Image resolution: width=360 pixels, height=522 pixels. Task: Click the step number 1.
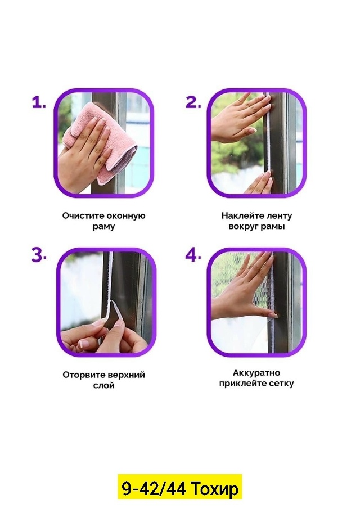[38, 102]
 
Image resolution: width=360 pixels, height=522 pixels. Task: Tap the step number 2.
[193, 102]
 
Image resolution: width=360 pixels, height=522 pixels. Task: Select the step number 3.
[39, 255]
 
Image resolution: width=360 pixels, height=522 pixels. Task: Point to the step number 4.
[193, 255]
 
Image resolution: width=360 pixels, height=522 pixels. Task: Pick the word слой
[104, 385]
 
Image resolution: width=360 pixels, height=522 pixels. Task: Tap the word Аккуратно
[256, 373]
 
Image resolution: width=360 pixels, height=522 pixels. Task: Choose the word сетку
[281, 384]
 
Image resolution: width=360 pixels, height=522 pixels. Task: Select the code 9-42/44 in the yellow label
[154, 489]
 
